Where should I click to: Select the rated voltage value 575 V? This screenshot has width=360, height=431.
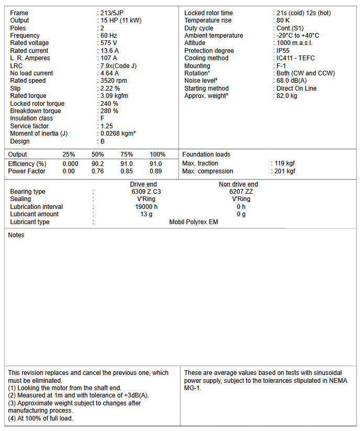tap(109, 43)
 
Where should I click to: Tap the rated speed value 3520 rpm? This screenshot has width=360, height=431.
tap(114, 81)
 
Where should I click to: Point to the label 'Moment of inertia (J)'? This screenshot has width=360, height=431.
tap(39, 134)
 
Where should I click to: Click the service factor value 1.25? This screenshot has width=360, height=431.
tap(107, 126)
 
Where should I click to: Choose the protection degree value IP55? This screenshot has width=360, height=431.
tap(283, 51)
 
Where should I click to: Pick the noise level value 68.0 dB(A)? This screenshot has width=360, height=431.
tap(292, 81)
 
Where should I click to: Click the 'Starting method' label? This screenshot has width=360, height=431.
tap(206, 89)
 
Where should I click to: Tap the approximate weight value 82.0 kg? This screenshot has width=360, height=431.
tap(287, 96)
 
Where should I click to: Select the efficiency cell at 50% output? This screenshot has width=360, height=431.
tap(98, 164)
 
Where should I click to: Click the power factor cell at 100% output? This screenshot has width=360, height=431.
tap(156, 171)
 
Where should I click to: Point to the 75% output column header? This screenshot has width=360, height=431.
tap(127, 154)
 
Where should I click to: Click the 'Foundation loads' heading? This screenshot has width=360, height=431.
tap(206, 154)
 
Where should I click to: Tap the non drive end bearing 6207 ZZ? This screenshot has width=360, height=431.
tap(241, 192)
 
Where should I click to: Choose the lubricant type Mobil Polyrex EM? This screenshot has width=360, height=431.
tap(194, 222)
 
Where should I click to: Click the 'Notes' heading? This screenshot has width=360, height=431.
tap(16, 235)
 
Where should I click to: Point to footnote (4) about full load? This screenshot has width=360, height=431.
tap(40, 418)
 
